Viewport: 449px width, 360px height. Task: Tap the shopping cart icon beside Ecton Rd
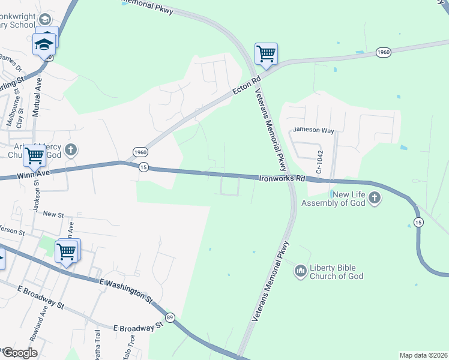[266, 53]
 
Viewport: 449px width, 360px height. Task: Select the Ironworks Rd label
[282, 178]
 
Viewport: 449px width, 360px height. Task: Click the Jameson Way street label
[313, 130]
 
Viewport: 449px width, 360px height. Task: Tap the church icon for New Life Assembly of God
[375, 198]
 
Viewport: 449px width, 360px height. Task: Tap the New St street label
[53, 214]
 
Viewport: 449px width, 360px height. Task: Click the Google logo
[19, 353]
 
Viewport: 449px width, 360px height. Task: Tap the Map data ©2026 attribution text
[423, 355]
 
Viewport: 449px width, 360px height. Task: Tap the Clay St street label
[20, 119]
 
